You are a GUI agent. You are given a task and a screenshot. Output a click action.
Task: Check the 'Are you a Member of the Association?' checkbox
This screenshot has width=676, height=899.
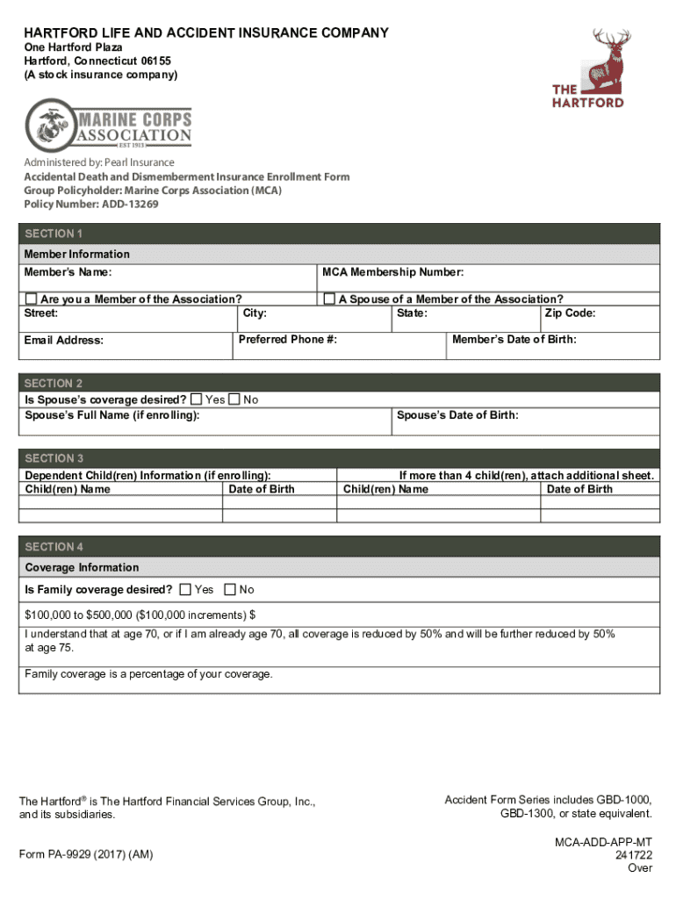(x=31, y=299)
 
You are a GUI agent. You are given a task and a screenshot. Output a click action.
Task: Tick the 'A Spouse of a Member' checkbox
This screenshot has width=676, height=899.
(x=329, y=299)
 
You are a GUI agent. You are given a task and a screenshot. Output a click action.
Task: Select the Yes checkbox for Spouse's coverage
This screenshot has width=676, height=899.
(x=196, y=399)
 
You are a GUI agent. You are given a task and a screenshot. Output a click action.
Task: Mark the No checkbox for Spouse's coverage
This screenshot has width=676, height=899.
(x=234, y=399)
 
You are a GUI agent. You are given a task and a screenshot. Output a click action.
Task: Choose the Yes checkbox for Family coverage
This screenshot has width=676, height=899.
(x=185, y=589)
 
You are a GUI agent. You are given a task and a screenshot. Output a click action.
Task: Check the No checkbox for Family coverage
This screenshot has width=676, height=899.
(x=230, y=589)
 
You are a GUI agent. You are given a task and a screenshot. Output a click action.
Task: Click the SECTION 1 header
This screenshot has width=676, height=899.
(x=54, y=234)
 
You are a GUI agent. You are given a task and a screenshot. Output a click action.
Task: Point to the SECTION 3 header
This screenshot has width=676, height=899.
(x=54, y=458)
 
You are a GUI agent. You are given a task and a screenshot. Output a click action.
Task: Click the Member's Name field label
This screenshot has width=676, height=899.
(x=67, y=272)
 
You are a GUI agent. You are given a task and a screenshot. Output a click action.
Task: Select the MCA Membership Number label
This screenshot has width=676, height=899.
(x=392, y=272)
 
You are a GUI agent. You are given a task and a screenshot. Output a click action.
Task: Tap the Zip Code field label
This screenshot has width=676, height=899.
(x=570, y=313)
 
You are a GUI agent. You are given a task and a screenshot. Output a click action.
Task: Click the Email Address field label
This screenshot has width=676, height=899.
(x=63, y=340)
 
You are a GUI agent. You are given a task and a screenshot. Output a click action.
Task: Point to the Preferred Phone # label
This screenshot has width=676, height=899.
(x=287, y=339)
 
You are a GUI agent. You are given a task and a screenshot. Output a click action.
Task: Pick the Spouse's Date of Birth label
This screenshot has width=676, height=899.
(x=457, y=414)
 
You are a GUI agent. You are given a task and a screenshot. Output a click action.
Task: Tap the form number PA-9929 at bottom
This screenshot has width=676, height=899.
(x=91, y=854)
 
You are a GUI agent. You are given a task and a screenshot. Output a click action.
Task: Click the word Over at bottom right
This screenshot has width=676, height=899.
(x=639, y=868)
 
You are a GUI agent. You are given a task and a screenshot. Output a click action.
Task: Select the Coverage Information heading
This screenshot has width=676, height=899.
(x=82, y=567)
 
